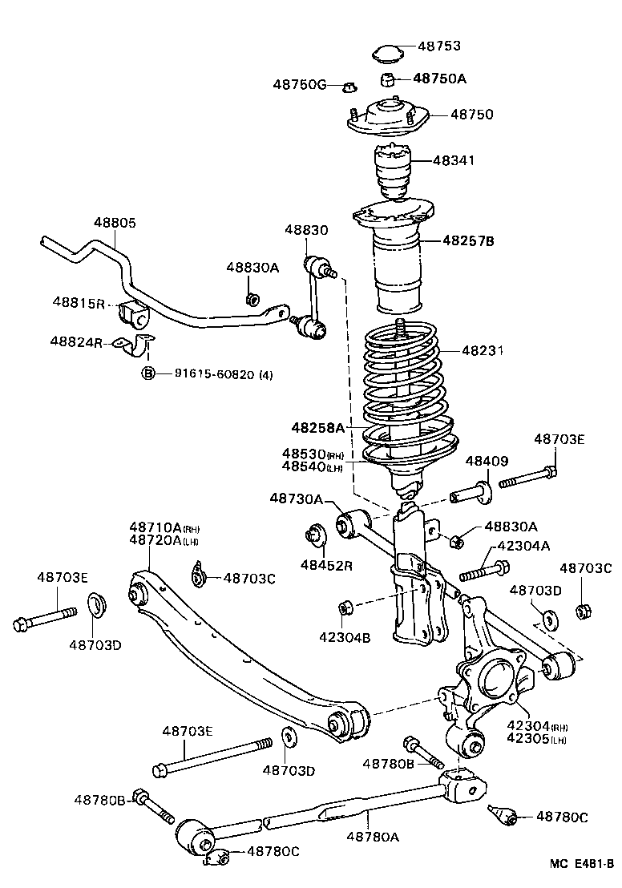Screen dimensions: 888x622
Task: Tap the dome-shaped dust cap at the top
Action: click(x=387, y=54)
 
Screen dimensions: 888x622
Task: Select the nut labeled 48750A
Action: click(x=387, y=79)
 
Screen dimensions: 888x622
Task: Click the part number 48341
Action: click(x=454, y=160)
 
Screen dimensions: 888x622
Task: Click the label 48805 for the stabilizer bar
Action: click(x=114, y=224)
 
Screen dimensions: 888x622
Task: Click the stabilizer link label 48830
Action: click(x=305, y=230)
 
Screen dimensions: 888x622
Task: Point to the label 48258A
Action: click(x=317, y=427)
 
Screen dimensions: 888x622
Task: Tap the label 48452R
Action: click(x=327, y=565)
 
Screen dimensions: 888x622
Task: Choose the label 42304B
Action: click(x=345, y=638)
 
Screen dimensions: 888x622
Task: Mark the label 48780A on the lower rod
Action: click(x=373, y=837)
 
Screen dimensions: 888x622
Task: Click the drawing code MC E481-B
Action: click(x=581, y=864)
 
